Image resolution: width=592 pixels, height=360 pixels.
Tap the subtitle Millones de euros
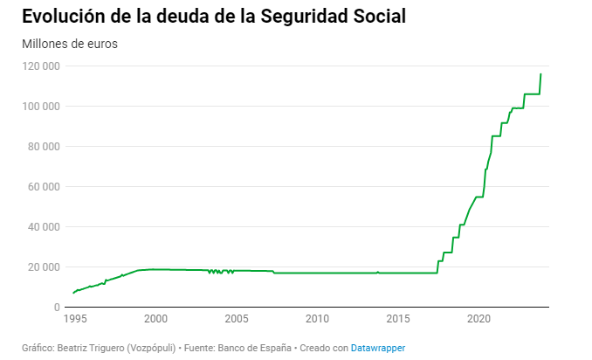pos(69,44)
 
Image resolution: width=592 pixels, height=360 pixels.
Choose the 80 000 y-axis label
pos(43,147)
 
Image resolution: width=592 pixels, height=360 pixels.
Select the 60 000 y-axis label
pos(43,187)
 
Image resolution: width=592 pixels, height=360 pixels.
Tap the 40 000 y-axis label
pos(43,227)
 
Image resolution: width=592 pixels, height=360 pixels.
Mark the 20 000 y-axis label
pos(43,267)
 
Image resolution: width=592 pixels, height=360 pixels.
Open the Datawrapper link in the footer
pos(378,348)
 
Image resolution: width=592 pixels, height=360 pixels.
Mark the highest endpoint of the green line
pos(540,74)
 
